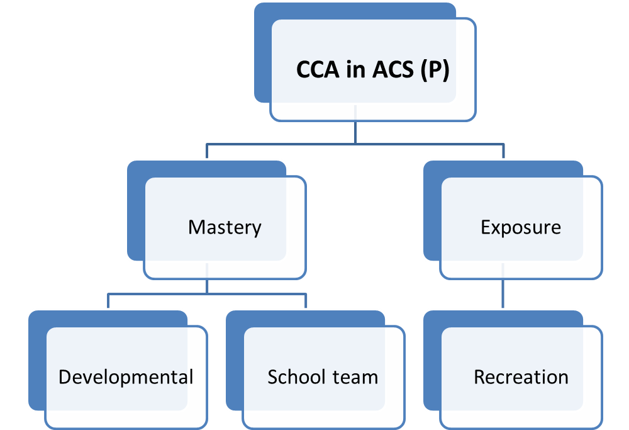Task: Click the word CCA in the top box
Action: pos(318,69)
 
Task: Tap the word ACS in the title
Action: pos(392,69)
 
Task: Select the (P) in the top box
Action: pos(435,71)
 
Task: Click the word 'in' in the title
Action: pos(356,69)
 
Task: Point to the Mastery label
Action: pos(225,228)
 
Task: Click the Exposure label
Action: pos(521,228)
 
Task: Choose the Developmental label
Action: pos(126,377)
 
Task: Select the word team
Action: pos(355,378)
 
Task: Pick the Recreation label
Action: pos(521,377)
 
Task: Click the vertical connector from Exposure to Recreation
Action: pos(503,294)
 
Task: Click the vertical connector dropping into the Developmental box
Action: pos(108,301)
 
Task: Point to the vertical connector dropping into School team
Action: pos(306,301)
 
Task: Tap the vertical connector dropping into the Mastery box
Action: pos(206,151)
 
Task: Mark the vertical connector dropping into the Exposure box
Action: pos(503,151)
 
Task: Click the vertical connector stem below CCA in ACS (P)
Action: pos(355,132)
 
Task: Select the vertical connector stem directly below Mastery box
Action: pos(206,286)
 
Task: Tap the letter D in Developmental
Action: pos(65,377)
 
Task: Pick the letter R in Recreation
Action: pos(480,377)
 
